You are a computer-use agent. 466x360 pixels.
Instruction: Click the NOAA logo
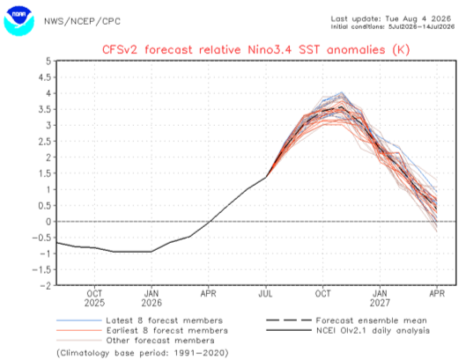click(18, 21)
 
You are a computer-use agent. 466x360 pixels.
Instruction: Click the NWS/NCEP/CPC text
click(82, 21)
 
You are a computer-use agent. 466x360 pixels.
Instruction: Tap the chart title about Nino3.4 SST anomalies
click(255, 49)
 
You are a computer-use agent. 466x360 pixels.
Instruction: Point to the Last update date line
click(391, 18)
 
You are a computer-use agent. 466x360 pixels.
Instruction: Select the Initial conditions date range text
click(393, 26)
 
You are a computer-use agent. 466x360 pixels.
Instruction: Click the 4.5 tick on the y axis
click(45, 77)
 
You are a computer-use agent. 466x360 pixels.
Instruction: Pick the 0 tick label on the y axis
click(48, 222)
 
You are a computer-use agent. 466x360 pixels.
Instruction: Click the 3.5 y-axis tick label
click(45, 110)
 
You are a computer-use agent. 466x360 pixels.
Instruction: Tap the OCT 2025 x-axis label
click(94, 298)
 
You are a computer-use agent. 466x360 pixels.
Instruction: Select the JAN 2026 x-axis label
click(152, 298)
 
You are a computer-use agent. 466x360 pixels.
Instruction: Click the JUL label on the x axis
click(266, 294)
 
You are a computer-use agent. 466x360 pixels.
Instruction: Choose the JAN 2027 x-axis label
click(380, 298)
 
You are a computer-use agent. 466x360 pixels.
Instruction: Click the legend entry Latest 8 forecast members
click(139, 320)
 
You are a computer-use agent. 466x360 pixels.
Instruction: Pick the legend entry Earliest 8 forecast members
click(142, 330)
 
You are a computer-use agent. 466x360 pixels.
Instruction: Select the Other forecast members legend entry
click(136, 341)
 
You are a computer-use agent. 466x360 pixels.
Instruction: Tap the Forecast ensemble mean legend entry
click(346, 320)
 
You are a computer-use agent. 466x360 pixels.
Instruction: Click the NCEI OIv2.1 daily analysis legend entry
click(348, 330)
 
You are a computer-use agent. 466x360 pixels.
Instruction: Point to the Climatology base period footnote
click(143, 353)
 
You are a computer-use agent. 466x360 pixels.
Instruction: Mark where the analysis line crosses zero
click(211, 222)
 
